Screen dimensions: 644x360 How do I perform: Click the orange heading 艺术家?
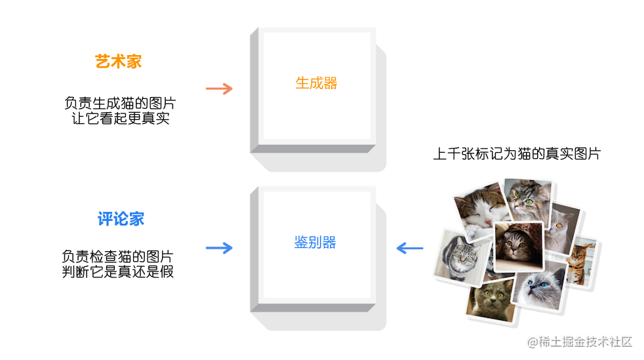point(118,62)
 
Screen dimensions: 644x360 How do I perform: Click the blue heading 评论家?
point(121,219)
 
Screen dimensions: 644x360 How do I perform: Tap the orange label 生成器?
point(316,83)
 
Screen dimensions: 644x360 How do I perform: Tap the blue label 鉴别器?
point(315,243)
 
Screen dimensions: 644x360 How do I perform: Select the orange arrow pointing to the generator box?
point(219,89)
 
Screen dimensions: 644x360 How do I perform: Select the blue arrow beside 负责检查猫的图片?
point(219,248)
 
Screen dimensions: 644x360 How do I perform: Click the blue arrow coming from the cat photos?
point(410,248)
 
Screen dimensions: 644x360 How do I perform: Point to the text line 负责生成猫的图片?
point(120,104)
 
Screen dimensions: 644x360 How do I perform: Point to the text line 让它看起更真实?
point(120,119)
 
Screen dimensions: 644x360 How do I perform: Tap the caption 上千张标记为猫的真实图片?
point(517,154)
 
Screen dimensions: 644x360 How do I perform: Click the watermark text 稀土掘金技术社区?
point(579,342)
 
